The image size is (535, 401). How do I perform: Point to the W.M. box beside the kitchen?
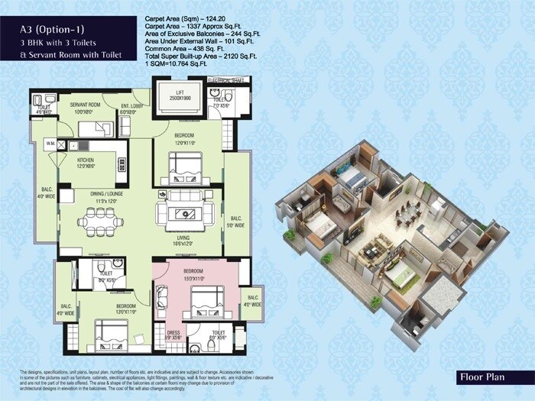click(49, 143)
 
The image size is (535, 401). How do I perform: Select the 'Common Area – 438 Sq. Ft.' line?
click(183, 48)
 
